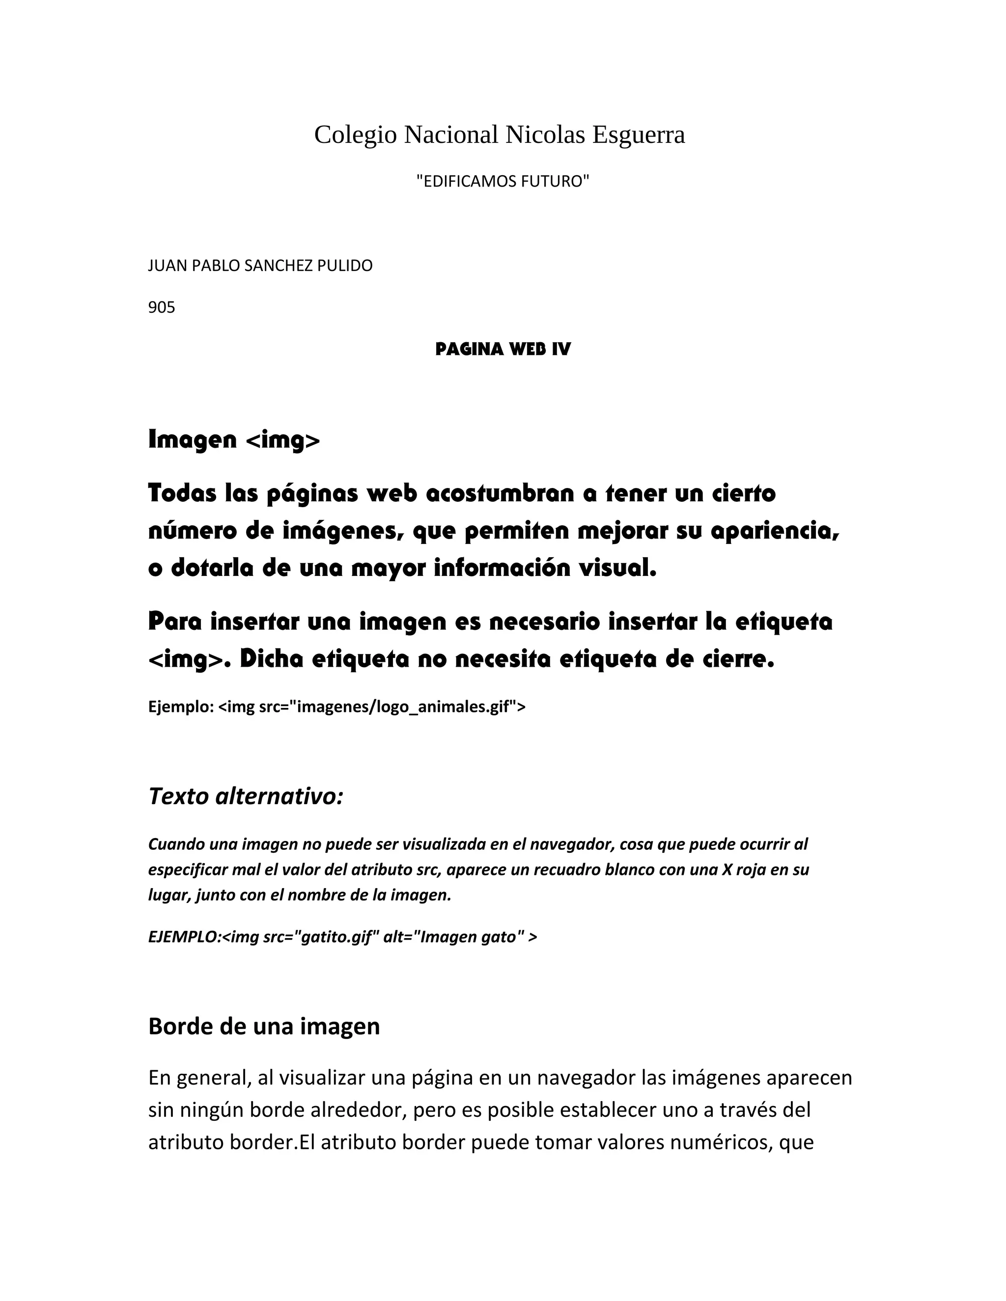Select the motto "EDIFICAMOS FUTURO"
[x=503, y=181]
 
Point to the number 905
[x=162, y=307]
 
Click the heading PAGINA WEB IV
[x=503, y=349]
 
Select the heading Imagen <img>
[x=234, y=440]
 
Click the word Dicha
[x=271, y=659]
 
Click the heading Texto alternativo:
[x=246, y=796]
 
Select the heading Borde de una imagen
[x=263, y=1027]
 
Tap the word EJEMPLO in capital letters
[x=183, y=937]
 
